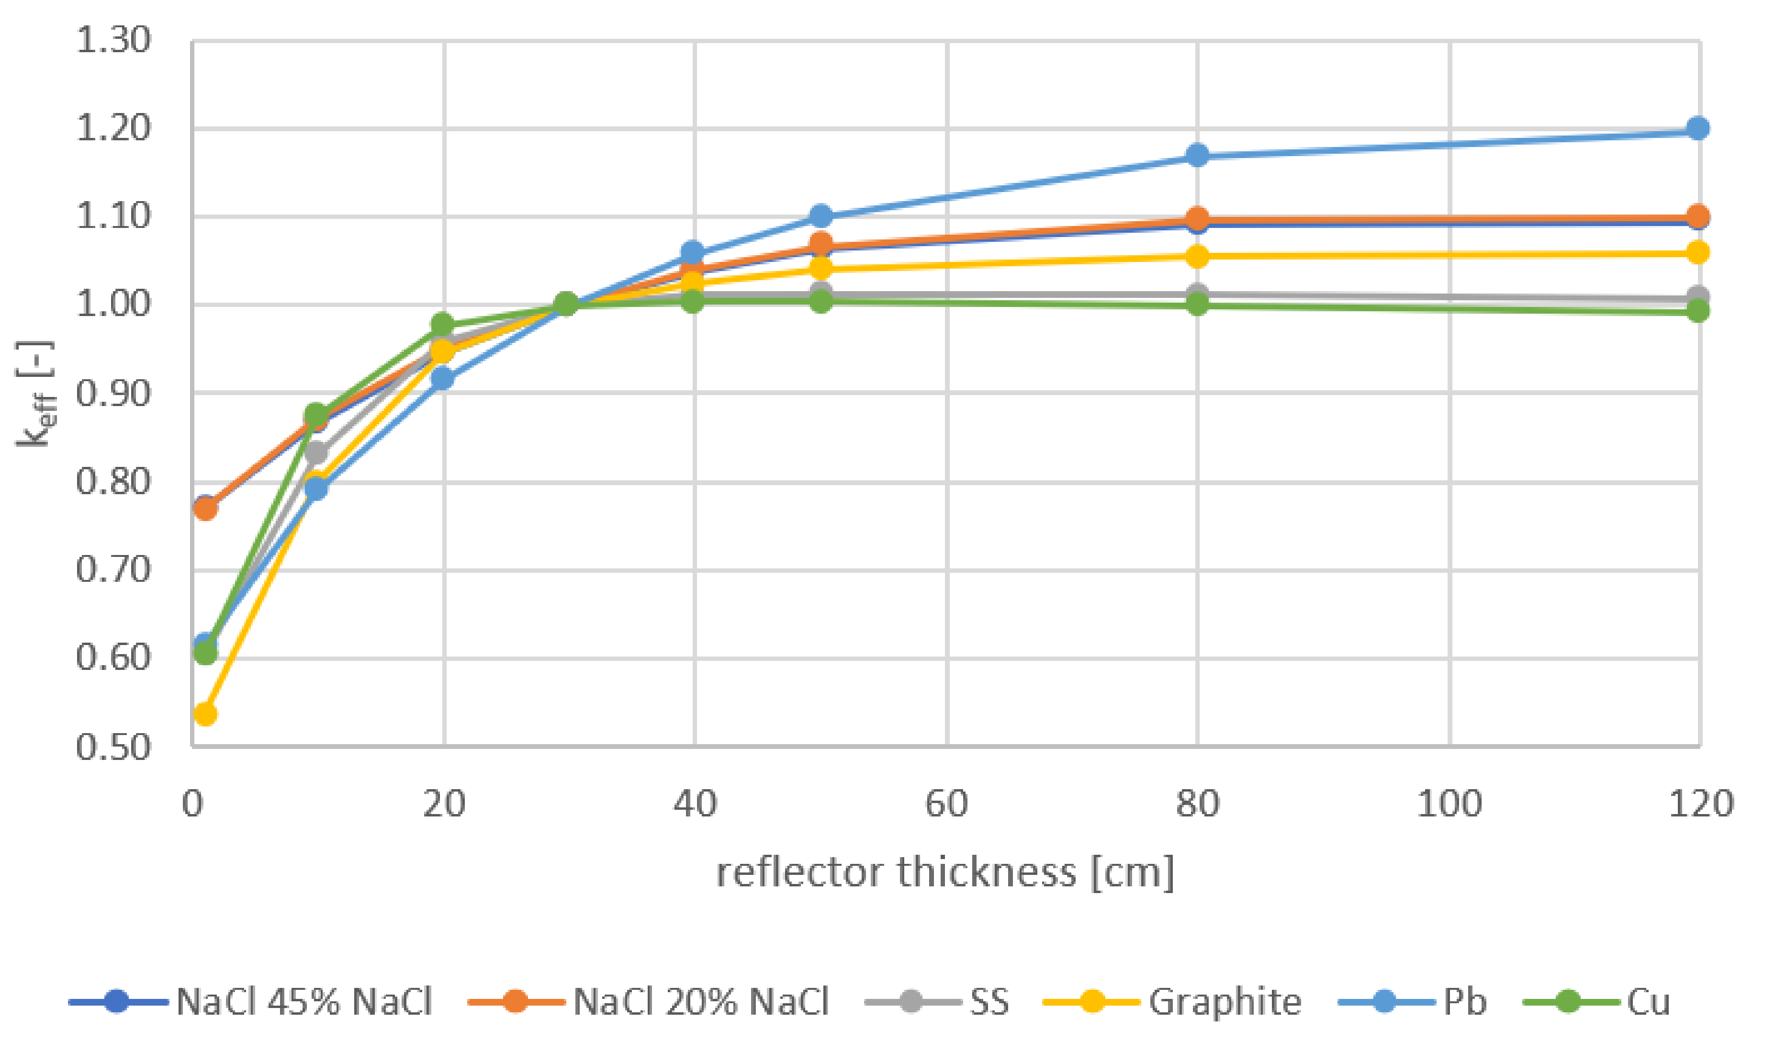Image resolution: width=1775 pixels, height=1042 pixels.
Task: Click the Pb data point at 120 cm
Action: coord(1697,128)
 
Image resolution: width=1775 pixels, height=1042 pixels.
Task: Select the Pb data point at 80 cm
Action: coord(1197,155)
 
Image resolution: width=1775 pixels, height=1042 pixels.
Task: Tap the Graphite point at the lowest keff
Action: coord(205,714)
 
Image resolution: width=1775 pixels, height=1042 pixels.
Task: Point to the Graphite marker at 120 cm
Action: coord(1697,252)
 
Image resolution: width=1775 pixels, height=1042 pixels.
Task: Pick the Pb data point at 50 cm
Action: coord(820,215)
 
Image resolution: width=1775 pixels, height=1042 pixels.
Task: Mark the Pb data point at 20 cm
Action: coord(442,378)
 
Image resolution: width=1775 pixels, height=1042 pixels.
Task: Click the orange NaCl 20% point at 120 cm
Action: coord(1697,215)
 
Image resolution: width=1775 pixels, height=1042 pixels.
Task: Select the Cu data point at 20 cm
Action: coord(442,325)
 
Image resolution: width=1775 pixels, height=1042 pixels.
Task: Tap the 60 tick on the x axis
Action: coord(946,804)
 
